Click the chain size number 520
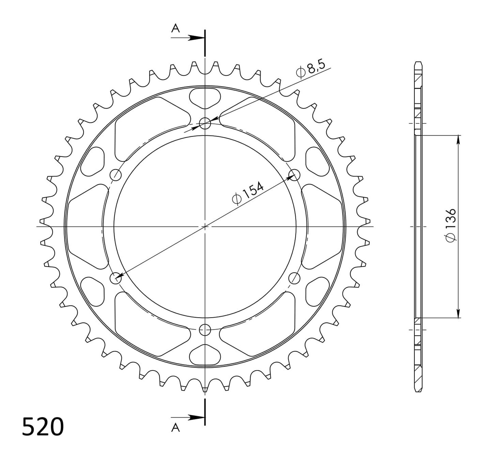(x=43, y=427)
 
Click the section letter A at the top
(x=175, y=29)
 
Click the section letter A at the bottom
(x=175, y=428)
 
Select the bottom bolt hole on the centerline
(x=205, y=329)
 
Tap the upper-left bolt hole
(x=116, y=175)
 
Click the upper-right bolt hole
(x=294, y=175)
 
